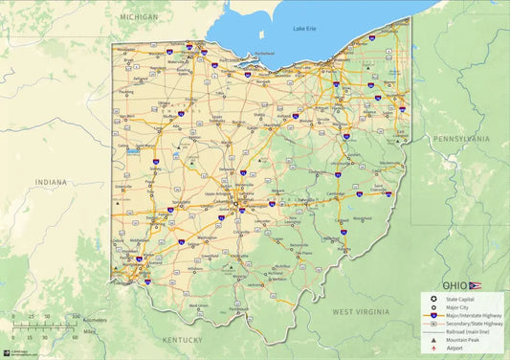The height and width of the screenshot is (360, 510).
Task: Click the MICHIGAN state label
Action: point(140,17)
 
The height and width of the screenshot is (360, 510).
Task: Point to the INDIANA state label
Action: point(52,182)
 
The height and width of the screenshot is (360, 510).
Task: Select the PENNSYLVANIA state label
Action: point(461,139)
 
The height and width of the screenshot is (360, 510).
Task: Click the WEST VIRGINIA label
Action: point(361,312)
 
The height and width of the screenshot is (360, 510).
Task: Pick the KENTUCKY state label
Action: point(182,340)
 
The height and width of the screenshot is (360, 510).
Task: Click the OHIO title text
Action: point(455,285)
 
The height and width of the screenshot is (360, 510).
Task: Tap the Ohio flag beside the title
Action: point(476,285)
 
